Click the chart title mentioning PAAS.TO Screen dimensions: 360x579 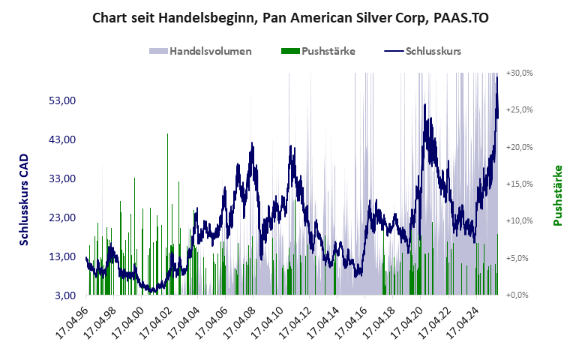289,18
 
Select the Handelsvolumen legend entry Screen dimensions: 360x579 200,52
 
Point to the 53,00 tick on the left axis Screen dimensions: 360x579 62,100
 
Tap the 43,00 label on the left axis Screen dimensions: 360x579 62,139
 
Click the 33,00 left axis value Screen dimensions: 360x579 62,178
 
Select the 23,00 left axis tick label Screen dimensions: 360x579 62,217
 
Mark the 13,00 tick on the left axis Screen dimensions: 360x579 62,256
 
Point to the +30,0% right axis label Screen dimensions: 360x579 519,73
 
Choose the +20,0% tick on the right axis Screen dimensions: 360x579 519,147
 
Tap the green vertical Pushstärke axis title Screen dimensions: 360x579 557,196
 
